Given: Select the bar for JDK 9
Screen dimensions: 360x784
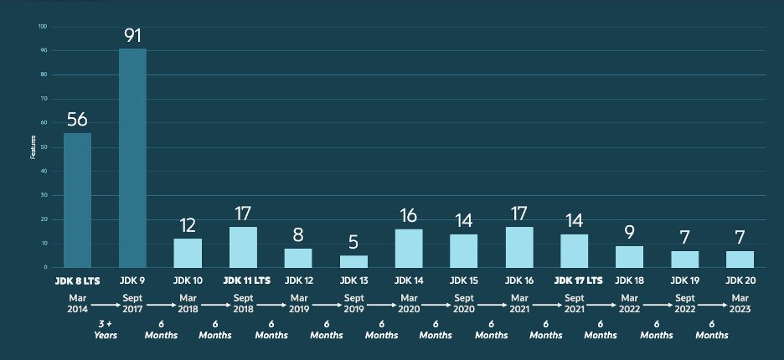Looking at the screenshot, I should (x=132, y=158).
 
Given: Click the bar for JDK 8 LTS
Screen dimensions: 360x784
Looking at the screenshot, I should (x=77, y=200).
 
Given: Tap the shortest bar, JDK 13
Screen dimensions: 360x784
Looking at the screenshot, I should (x=353, y=261).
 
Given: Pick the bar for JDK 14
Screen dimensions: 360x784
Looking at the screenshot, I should (x=409, y=248).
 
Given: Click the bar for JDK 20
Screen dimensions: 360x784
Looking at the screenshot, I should (x=740, y=259).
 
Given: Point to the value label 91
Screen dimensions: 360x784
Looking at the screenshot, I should (x=132, y=36).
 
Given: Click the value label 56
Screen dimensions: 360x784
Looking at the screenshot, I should (x=77, y=120).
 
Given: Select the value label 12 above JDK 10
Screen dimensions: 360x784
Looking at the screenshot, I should (x=188, y=225).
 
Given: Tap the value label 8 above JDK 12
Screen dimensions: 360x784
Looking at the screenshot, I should (x=298, y=234).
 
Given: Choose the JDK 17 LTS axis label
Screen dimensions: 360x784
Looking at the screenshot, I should (x=574, y=280).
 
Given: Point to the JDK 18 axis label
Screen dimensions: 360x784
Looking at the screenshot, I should (x=629, y=280).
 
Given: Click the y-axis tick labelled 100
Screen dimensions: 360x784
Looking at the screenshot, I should (x=43, y=27).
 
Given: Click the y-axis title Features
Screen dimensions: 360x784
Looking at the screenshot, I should (x=34, y=147).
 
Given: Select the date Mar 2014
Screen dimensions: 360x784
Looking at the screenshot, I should (x=77, y=303).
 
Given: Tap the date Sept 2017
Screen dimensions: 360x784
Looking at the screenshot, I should (x=132, y=303).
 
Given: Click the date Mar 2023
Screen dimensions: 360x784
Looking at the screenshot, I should (x=740, y=303).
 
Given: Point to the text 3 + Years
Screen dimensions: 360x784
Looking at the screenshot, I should (x=105, y=329).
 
